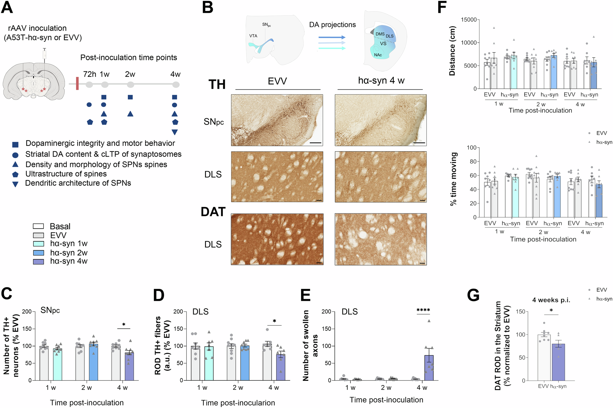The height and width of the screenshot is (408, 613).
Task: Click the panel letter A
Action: tap(7, 8)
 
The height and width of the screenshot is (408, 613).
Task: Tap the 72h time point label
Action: tap(89, 74)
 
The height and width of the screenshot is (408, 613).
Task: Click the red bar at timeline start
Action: tap(77, 84)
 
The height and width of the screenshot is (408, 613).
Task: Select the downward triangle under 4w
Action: tap(175, 132)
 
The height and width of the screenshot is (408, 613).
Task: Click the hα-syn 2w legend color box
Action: tap(39, 253)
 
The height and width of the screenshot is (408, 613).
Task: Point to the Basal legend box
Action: tap(39, 226)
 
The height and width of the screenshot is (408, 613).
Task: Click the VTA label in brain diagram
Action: tap(253, 36)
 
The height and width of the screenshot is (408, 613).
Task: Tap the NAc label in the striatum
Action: tap(378, 55)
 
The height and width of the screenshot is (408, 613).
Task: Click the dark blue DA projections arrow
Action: tap(332, 37)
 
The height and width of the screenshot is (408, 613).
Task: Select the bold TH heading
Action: tap(217, 84)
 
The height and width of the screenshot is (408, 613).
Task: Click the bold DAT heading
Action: tap(213, 212)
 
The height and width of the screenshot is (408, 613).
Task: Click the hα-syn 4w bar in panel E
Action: tap(429, 368)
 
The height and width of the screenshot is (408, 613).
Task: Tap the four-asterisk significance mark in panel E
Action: tap(423, 310)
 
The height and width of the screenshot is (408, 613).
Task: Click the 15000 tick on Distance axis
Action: tap(469, 20)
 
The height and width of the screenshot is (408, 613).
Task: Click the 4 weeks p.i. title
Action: tap(551, 300)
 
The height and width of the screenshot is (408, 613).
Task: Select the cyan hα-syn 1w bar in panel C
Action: tap(58, 365)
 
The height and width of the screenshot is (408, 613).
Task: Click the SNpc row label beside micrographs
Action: tap(214, 122)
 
